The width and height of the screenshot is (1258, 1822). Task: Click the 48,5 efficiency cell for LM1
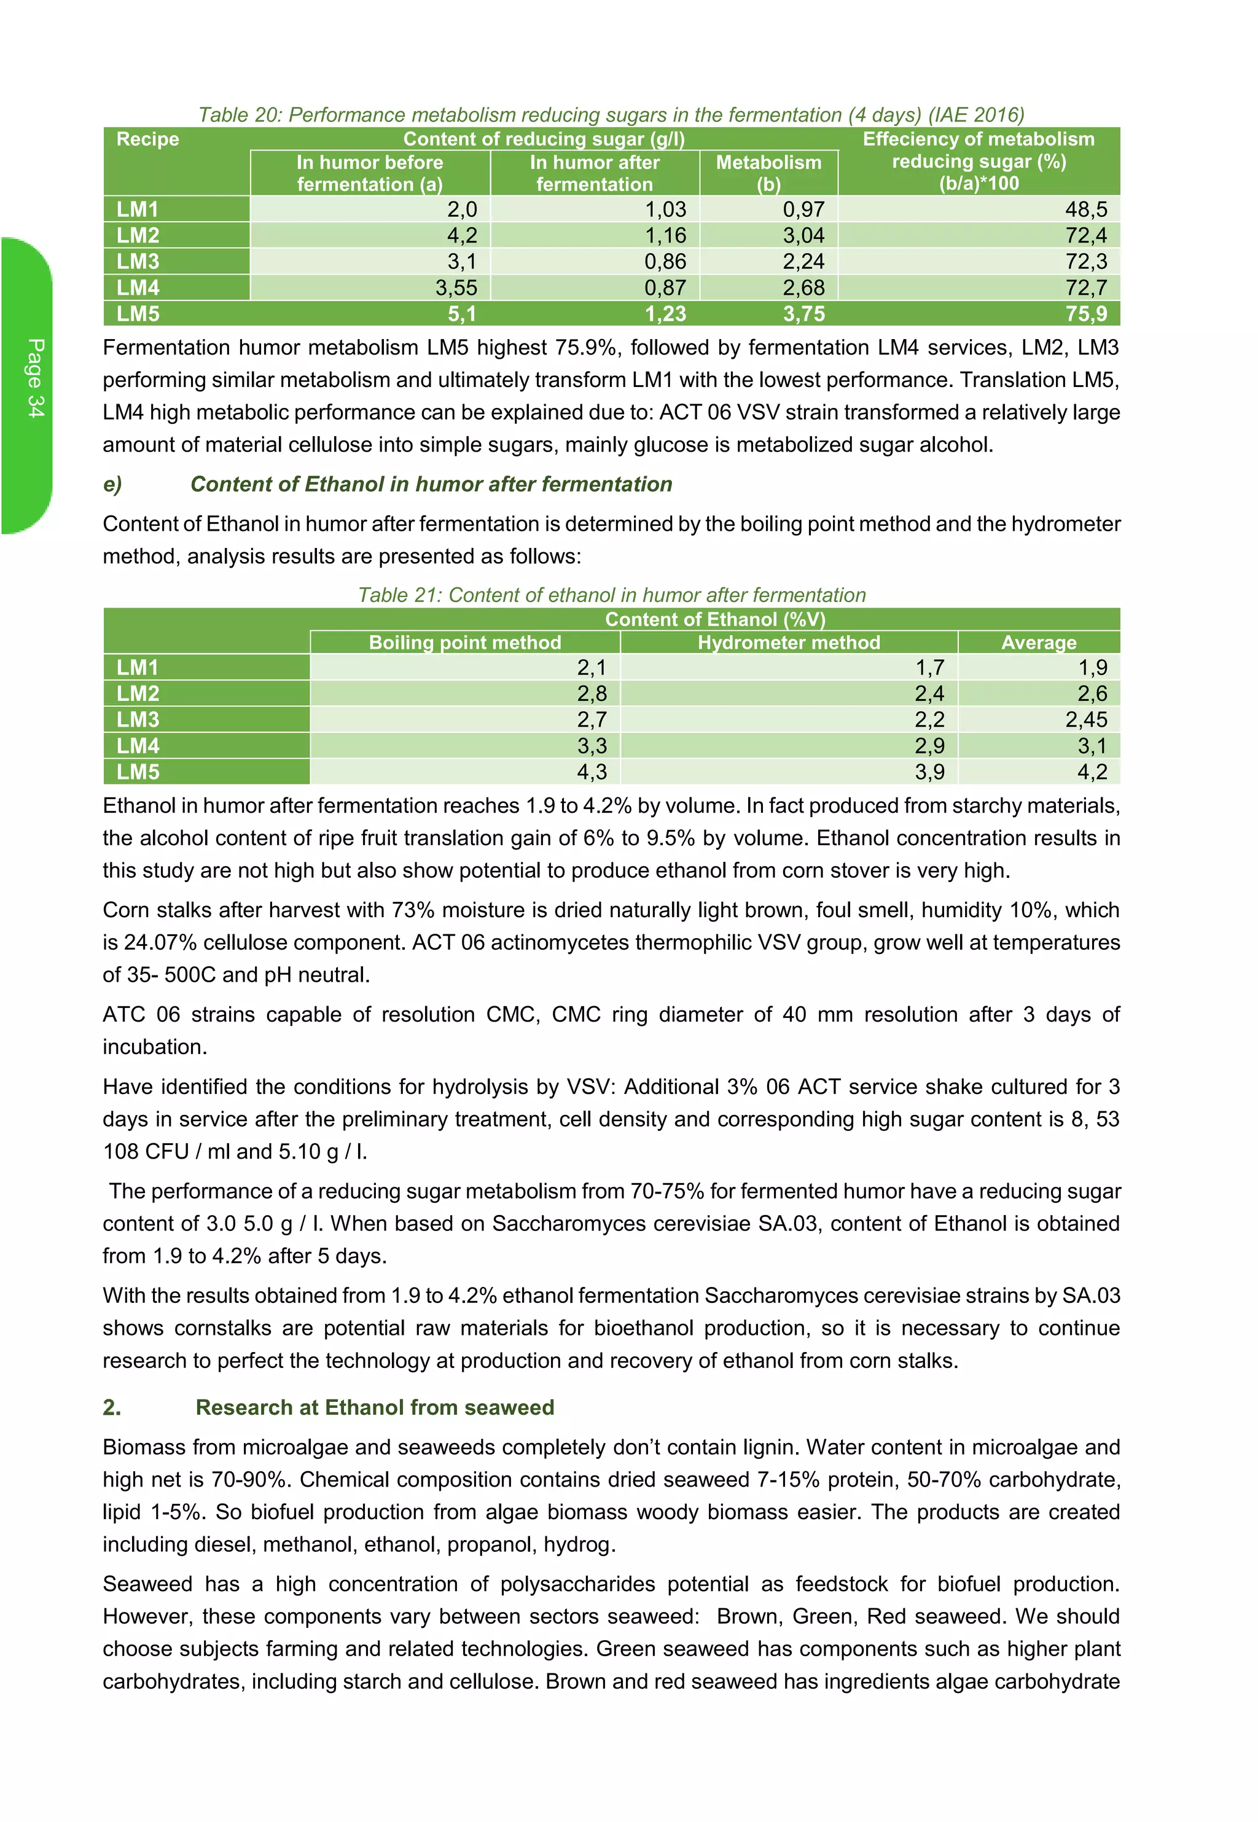[1085, 209]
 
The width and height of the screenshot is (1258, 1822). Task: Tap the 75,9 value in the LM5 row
[1085, 314]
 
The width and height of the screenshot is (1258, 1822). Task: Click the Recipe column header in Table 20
[147, 139]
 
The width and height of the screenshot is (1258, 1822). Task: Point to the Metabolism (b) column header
[768, 173]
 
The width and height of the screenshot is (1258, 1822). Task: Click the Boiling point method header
[464, 643]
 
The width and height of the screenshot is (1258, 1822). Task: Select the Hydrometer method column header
[788, 643]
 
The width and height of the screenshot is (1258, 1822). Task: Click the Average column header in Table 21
[1038, 643]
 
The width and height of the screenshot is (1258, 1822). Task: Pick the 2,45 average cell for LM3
[1085, 719]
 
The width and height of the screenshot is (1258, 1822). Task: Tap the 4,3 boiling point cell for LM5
[591, 772]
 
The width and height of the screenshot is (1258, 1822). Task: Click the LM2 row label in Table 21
[138, 694]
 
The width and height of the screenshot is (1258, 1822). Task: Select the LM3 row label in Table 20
[138, 262]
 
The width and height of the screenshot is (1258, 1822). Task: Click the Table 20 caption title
[611, 115]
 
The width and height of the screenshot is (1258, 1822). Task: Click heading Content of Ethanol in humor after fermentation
[431, 484]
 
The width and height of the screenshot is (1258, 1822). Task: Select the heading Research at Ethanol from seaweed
[375, 1407]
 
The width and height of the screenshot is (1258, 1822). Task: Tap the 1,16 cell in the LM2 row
[665, 236]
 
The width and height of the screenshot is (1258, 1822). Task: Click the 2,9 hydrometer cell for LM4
[929, 746]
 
